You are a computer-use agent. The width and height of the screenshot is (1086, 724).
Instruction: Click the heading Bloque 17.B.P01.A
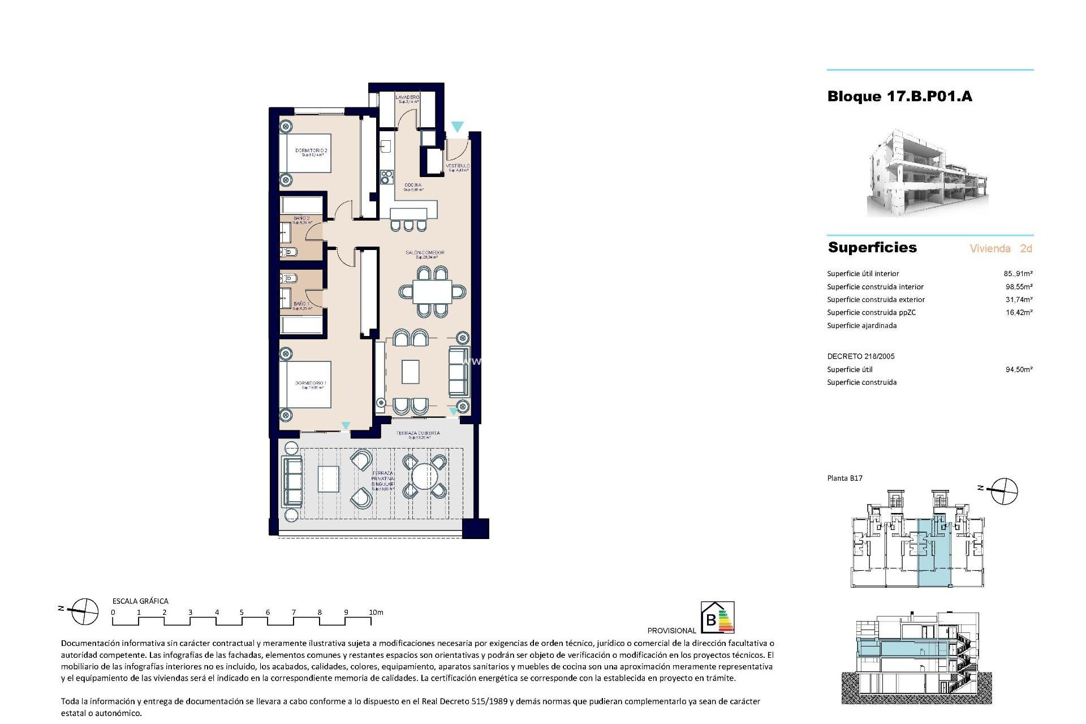(x=899, y=97)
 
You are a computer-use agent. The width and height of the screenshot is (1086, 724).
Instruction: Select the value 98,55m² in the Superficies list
(x=1019, y=287)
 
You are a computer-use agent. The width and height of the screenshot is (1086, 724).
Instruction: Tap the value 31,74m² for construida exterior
(x=1019, y=300)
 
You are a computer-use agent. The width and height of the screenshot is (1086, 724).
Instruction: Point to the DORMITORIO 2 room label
(x=311, y=151)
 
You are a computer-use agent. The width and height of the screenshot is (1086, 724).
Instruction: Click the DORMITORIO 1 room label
(x=311, y=383)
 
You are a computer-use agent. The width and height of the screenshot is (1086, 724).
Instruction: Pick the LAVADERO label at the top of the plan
(x=407, y=98)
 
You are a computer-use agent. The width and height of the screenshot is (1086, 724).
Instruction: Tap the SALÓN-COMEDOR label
(x=425, y=253)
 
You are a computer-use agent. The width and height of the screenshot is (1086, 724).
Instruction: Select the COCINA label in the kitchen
(x=413, y=186)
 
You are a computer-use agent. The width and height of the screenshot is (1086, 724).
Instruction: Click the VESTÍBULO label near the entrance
(x=458, y=166)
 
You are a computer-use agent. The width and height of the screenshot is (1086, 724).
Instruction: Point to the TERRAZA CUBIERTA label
(x=418, y=433)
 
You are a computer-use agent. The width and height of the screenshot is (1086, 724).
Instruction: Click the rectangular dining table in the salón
(x=432, y=292)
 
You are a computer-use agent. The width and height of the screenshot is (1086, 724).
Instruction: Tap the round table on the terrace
(x=424, y=477)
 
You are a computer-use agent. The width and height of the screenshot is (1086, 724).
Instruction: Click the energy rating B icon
(x=717, y=617)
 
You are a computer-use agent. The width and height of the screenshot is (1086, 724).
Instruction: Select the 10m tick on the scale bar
(x=376, y=613)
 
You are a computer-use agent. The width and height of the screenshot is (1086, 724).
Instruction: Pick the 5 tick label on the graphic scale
(x=242, y=613)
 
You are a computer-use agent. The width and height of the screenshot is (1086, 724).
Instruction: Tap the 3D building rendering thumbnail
(x=928, y=174)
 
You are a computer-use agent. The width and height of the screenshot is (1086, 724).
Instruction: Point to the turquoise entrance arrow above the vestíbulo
(x=457, y=127)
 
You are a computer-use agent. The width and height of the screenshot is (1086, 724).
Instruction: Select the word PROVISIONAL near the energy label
(x=671, y=631)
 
